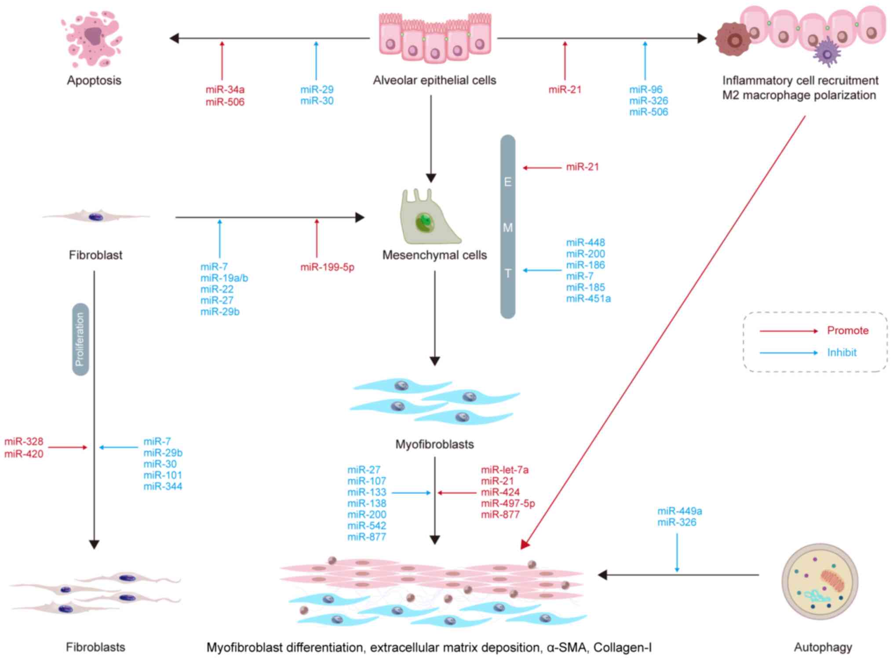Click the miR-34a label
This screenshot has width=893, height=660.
click(x=225, y=90)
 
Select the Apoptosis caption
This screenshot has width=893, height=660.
click(x=94, y=80)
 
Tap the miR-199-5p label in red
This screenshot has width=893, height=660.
click(x=327, y=267)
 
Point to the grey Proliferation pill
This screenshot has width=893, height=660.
click(x=80, y=339)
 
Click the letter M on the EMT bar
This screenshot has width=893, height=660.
click(x=508, y=228)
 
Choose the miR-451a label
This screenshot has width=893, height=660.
click(x=588, y=299)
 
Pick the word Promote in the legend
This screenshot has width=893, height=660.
click(x=848, y=331)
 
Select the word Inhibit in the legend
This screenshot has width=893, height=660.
click(x=842, y=353)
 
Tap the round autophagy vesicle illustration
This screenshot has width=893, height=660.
click(x=820, y=581)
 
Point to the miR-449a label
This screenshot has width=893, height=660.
click(x=679, y=511)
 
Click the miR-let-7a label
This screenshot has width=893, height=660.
click(x=505, y=470)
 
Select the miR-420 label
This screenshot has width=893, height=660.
click(x=24, y=454)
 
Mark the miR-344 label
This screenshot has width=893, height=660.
click(x=163, y=486)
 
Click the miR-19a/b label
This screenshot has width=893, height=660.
click(x=224, y=278)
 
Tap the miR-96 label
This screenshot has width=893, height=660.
click(x=645, y=90)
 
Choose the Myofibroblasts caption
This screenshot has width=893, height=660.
click(x=434, y=445)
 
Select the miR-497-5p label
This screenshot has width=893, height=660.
click(x=508, y=503)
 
